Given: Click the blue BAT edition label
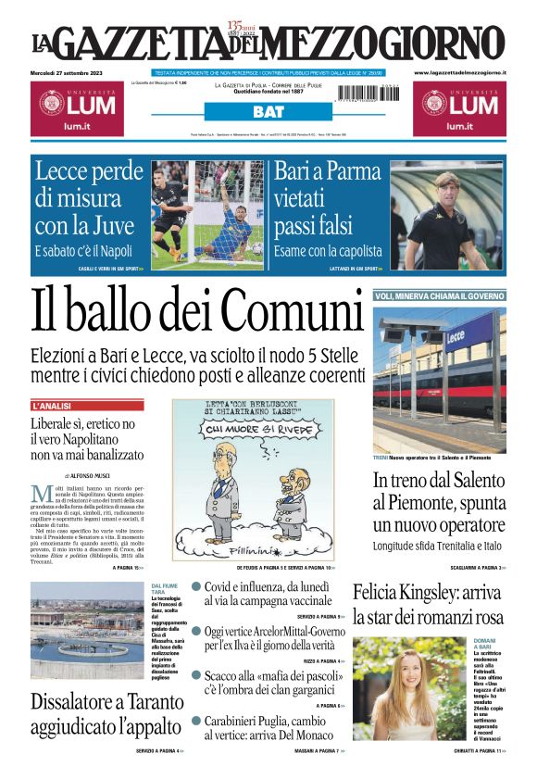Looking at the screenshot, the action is [x=268, y=112].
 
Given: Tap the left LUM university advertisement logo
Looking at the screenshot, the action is [x=74, y=106].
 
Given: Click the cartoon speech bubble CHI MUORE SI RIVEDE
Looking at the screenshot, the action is [x=252, y=430].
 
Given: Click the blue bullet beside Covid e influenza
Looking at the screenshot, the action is [x=196, y=586].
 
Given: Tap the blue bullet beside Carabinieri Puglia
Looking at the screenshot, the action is [x=196, y=720].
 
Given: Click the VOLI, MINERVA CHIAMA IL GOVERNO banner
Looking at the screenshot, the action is [x=440, y=295].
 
